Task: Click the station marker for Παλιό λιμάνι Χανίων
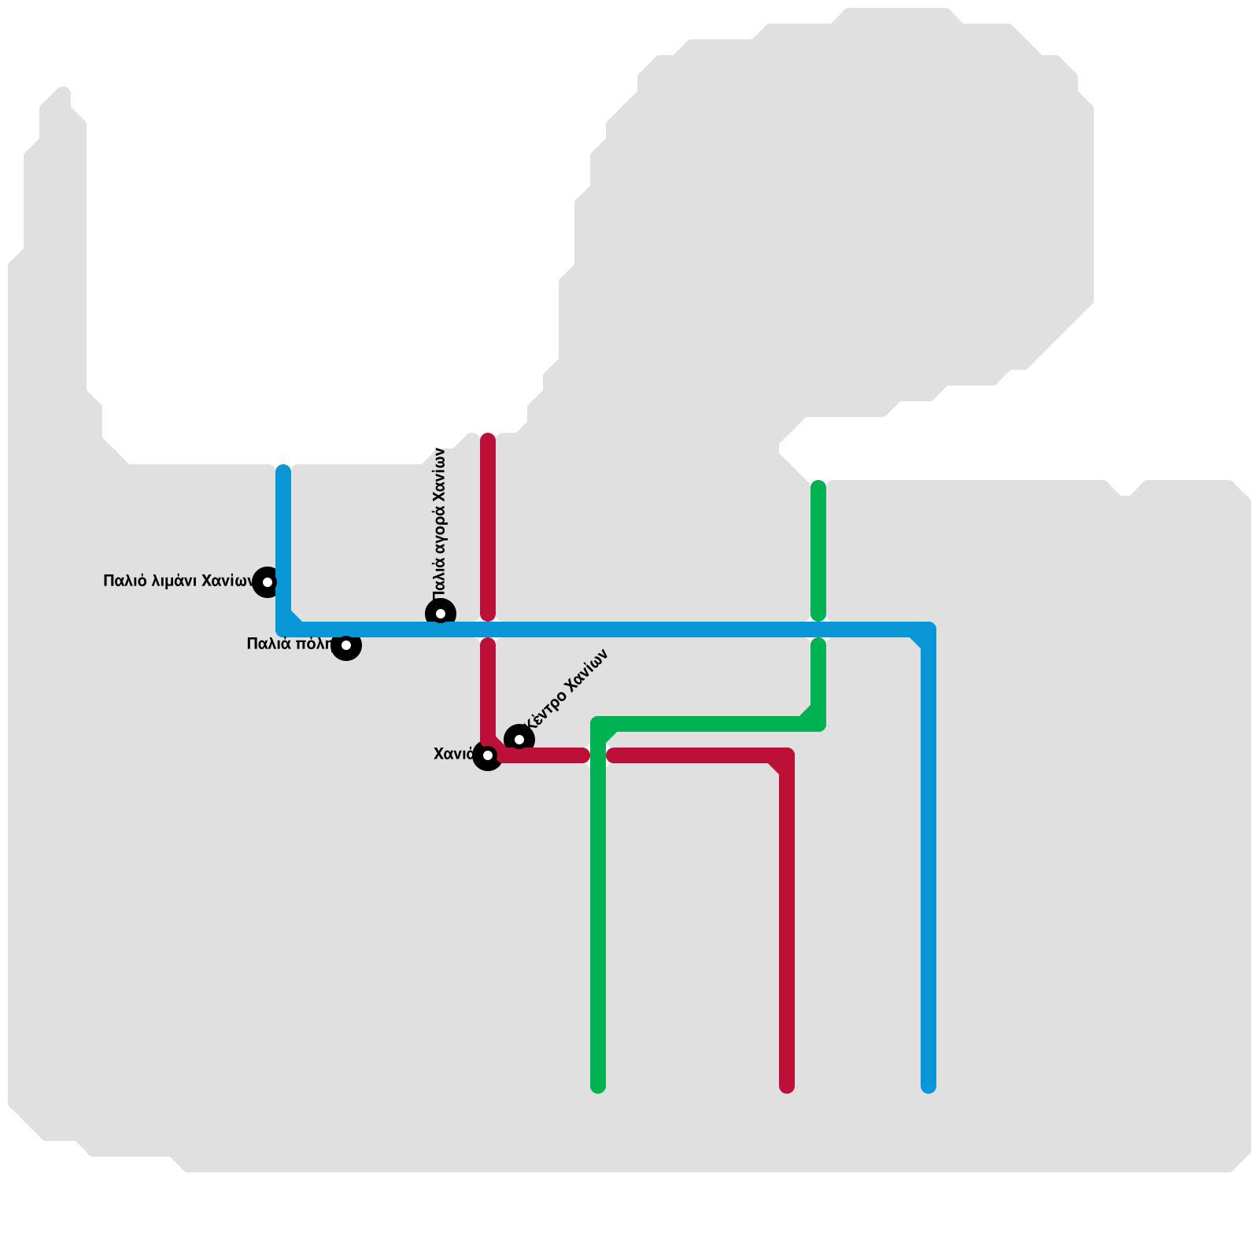268,582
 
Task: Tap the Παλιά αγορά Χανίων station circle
441,614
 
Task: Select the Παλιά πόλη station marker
346,645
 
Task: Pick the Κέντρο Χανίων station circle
519,740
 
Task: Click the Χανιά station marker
488,755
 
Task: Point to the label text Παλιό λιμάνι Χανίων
179,582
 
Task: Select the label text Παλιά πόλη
290,644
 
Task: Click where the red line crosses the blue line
488,629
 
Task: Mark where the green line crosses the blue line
818,629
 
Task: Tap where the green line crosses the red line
598,755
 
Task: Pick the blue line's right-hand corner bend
929,629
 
